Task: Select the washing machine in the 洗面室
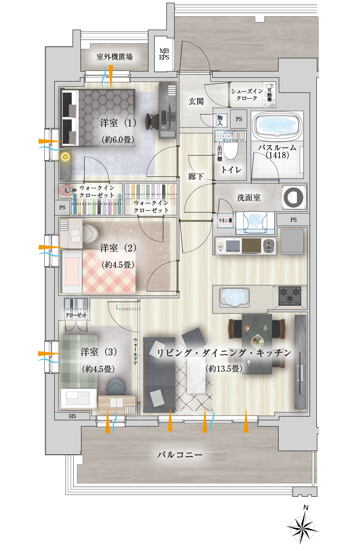pyautogui.click(x=294, y=198)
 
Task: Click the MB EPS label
pyautogui.click(x=164, y=54)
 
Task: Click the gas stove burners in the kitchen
pyautogui.click(x=290, y=295)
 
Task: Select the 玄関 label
pyautogui.click(x=196, y=101)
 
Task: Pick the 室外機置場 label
pyautogui.click(x=114, y=57)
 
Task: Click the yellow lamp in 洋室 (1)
pyautogui.click(x=66, y=156)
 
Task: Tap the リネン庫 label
pyautogui.click(x=225, y=220)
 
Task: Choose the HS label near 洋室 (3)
pyautogui.click(x=72, y=416)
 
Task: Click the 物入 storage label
pyautogui.click(x=220, y=120)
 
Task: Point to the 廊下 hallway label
pyautogui.click(x=195, y=176)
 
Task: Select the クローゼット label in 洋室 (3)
pyautogui.click(x=76, y=315)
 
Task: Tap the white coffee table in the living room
pyautogui.click(x=196, y=375)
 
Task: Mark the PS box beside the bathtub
pyautogui.click(x=239, y=119)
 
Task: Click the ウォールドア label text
pyautogui.click(x=135, y=352)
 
